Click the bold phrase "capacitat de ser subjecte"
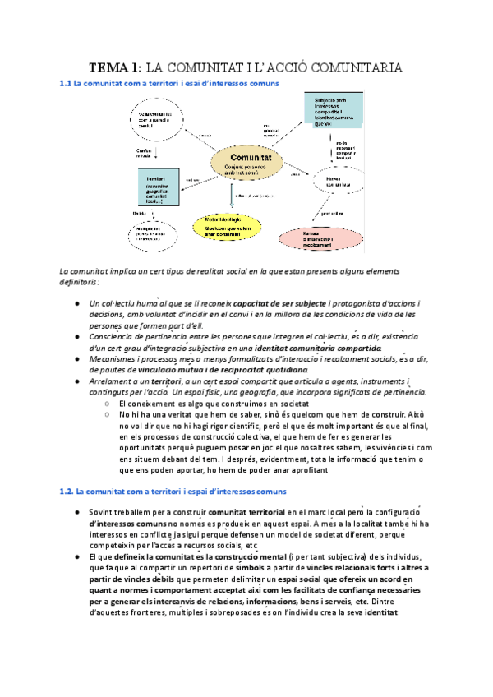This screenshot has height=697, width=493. (283, 306)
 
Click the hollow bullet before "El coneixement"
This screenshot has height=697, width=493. (108, 404)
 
